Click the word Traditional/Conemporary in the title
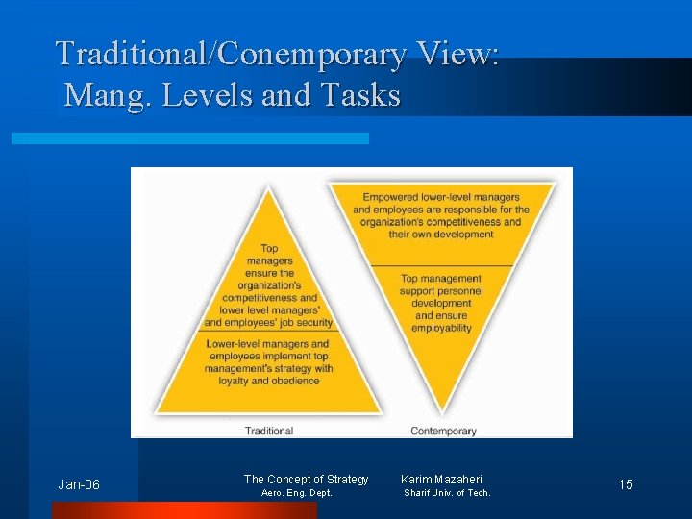[x=231, y=54]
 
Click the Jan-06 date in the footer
[x=79, y=484]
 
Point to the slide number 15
[x=626, y=484]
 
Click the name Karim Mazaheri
[x=441, y=479]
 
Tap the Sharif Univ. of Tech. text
[x=447, y=493]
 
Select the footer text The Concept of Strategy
[x=306, y=479]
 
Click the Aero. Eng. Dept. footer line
[x=297, y=493]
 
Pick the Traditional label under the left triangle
[x=269, y=431]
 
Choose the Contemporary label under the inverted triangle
[x=443, y=431]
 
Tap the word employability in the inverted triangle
[x=441, y=328]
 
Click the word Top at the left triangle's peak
[x=269, y=248]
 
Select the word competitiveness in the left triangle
[x=269, y=297]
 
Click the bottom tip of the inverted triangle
[x=443, y=412]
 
